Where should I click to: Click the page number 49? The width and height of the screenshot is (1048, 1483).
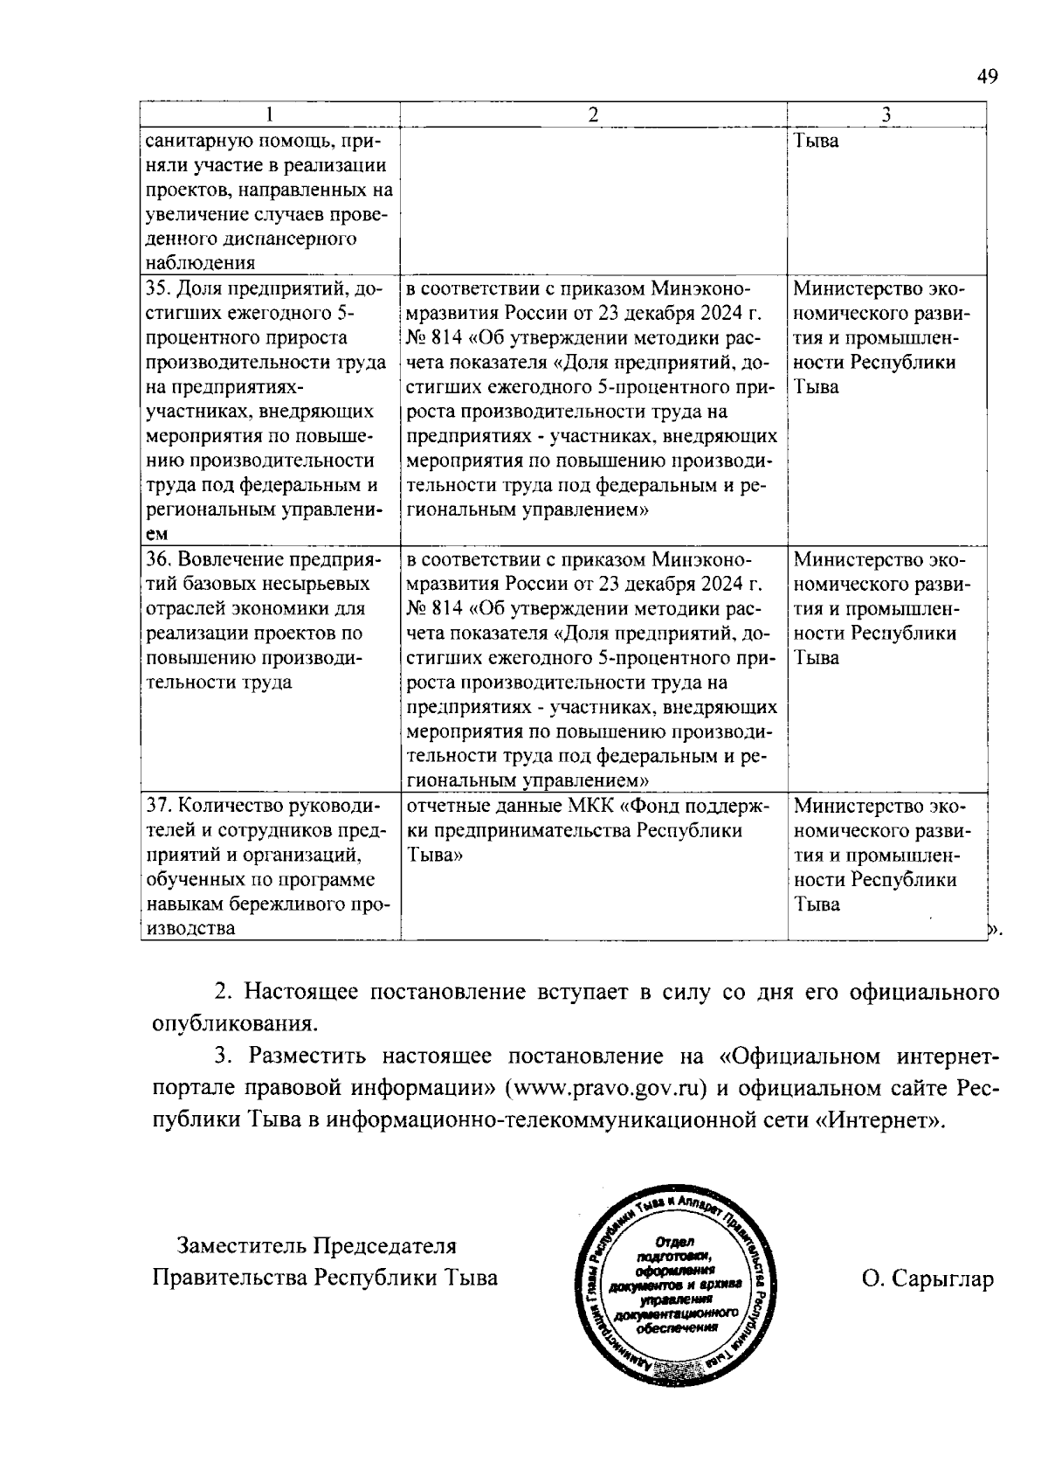(x=987, y=77)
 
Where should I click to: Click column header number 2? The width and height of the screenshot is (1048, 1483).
(x=593, y=115)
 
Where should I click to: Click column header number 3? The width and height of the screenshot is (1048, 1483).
(x=886, y=115)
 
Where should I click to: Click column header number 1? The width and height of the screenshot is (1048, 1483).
(x=270, y=115)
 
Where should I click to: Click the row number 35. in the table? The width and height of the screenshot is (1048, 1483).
(x=158, y=289)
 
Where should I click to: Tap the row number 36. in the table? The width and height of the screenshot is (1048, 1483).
(x=158, y=559)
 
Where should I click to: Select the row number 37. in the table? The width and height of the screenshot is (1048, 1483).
(x=158, y=806)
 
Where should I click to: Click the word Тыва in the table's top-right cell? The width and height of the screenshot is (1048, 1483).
(x=816, y=140)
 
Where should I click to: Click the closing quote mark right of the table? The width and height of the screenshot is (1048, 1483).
(x=993, y=932)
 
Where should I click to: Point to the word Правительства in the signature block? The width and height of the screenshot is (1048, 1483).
(x=230, y=1279)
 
